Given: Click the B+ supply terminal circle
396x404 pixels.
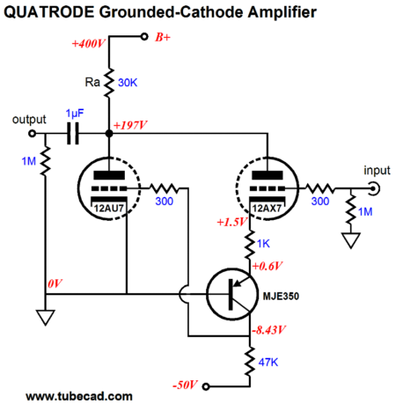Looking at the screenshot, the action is coord(144,37).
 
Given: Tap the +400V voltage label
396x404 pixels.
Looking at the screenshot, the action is coord(88,44).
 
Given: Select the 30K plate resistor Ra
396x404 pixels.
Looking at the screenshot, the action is coord(109,83).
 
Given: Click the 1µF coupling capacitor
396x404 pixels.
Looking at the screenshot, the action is coord(73,134).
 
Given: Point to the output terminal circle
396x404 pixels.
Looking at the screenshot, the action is coord(32,134).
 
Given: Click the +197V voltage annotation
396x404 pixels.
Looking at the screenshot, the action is coord(130,125).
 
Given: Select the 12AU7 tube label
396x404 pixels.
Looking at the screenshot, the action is coord(109,209).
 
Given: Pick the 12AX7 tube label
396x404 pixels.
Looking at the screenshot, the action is coord(268,209).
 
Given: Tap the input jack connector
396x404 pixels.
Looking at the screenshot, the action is coord(374,188).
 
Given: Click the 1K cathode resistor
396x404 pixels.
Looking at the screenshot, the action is coord(250,244).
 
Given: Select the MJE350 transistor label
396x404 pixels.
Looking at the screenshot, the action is coord(281,296).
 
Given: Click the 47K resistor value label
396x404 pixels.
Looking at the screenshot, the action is coord(268,363).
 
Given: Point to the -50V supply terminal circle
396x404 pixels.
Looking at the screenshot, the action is coord(206,386).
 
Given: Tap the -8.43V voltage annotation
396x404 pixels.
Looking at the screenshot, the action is coord(268,330).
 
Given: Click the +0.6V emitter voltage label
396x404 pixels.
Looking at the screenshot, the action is coord(268,266).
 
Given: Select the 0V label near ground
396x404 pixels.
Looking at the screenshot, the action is coord(55,283).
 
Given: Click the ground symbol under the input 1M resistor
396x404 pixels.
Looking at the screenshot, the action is coord(351,240).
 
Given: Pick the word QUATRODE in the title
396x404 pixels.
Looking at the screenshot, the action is coord(48,12).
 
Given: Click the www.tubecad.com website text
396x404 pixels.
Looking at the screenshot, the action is coord(79,396).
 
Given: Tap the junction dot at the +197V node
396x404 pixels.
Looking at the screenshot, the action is coord(109,134).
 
